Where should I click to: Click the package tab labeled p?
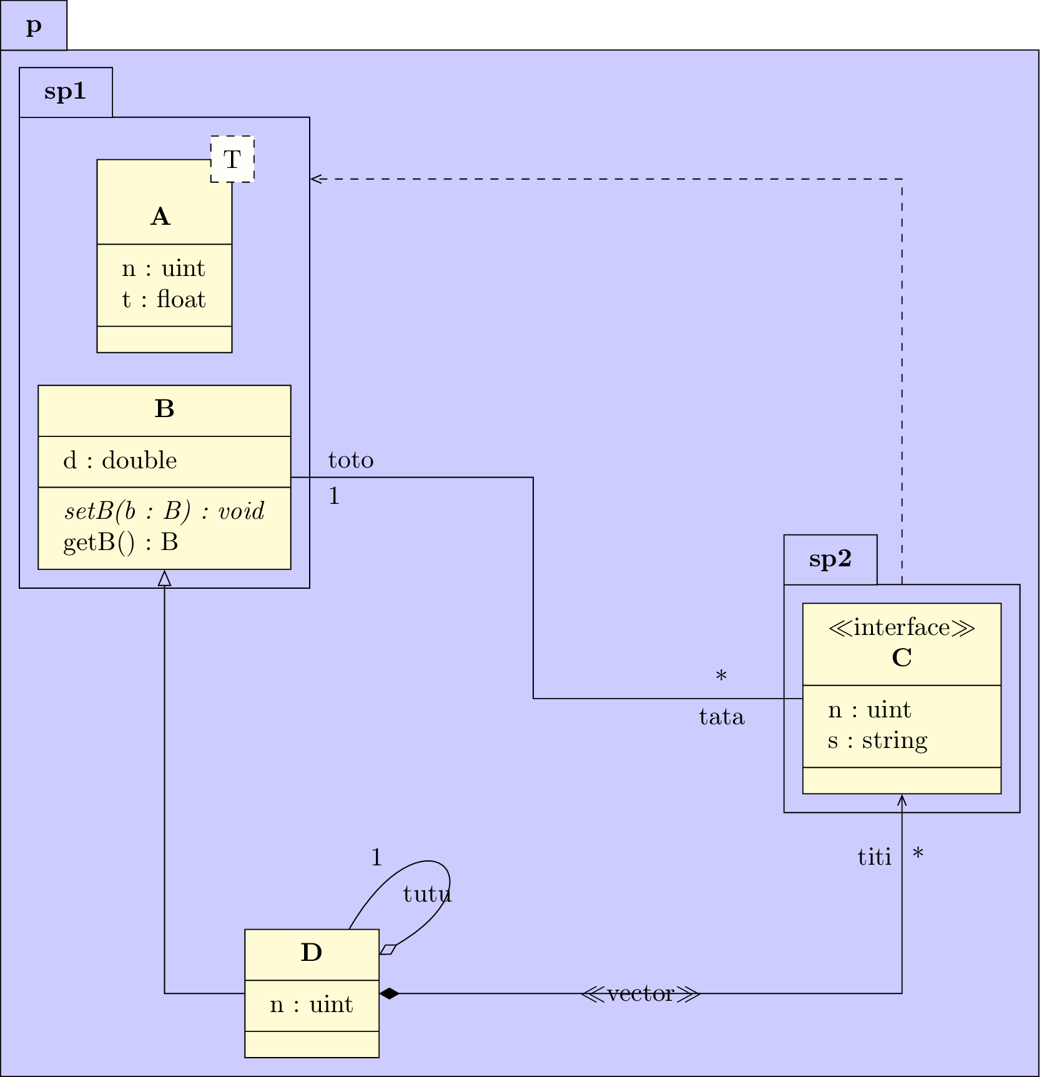[34, 26]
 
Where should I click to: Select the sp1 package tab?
[66, 92]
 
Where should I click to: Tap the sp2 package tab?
[830, 559]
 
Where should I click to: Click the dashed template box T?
[232, 159]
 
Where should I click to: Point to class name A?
[160, 217]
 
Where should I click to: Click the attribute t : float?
[164, 300]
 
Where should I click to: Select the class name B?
[164, 409]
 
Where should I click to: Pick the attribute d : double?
[120, 461]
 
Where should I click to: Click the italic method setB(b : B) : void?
[164, 511]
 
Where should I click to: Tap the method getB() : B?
[121, 542]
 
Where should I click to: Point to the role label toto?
[351, 461]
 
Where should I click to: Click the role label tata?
[722, 717]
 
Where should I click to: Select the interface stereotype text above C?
[902, 627]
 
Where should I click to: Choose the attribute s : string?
[877, 740]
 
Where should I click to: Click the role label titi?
[874, 857]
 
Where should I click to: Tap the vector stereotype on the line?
[640, 993]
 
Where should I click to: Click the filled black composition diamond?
[389, 993]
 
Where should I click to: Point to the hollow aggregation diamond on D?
[388, 950]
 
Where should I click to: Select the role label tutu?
[427, 894]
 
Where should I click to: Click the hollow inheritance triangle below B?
[164, 578]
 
